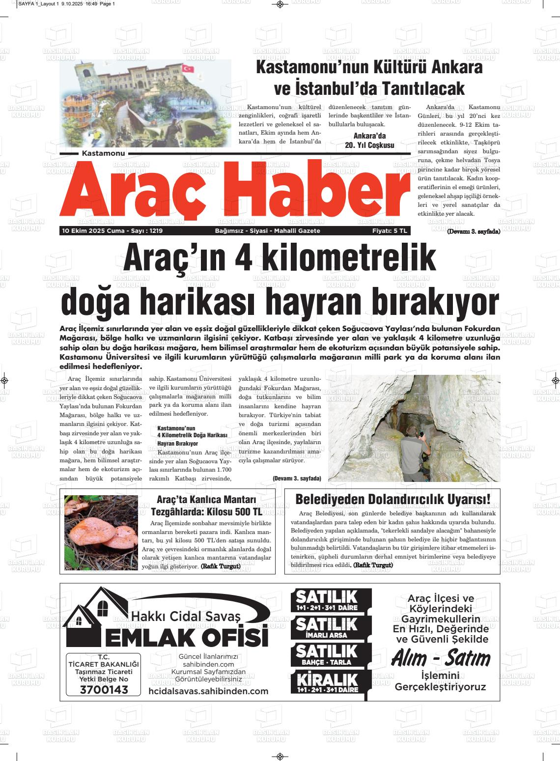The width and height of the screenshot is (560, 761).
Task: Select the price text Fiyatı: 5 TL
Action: (x=390, y=231)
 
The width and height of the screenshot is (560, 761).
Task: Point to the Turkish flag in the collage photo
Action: (x=188, y=68)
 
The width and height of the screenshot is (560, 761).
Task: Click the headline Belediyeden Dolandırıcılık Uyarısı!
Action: (x=392, y=499)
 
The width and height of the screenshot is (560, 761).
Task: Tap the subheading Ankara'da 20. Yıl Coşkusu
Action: (x=369, y=141)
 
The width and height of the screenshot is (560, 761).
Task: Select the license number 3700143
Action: (x=104, y=690)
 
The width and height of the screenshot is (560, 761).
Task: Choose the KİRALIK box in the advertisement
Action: (x=326, y=683)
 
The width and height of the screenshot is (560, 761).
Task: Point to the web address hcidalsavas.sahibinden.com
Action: (x=208, y=691)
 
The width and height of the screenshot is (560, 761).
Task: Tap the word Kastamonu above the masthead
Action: (x=103, y=154)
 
